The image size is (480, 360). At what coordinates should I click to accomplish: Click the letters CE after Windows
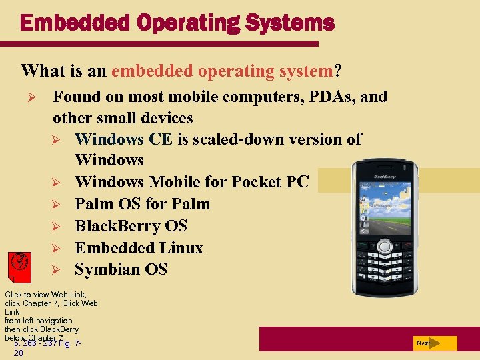(x=163, y=139)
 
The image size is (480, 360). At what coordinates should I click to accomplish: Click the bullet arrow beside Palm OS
(x=57, y=204)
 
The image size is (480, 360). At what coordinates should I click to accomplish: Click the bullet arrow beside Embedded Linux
(x=57, y=248)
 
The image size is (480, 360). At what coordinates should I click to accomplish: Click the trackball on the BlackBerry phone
(x=384, y=247)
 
